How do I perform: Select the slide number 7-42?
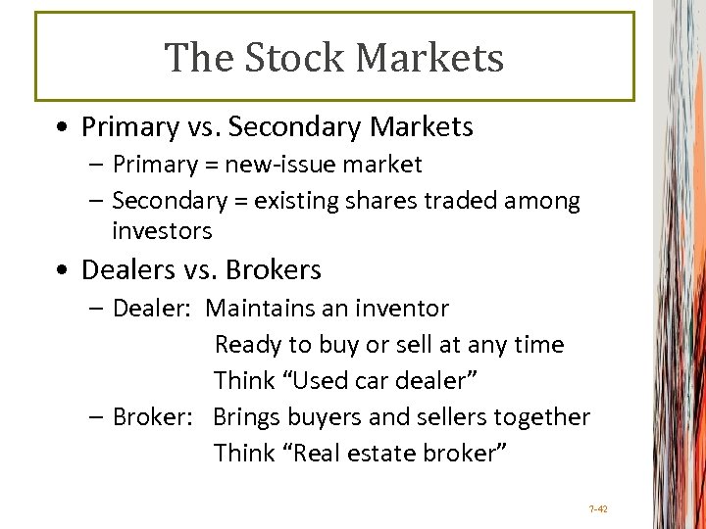[598, 509]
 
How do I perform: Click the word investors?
[162, 231]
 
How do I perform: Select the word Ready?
[246, 345]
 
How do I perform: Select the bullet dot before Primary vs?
[63, 128]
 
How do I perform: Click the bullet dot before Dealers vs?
[63, 270]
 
